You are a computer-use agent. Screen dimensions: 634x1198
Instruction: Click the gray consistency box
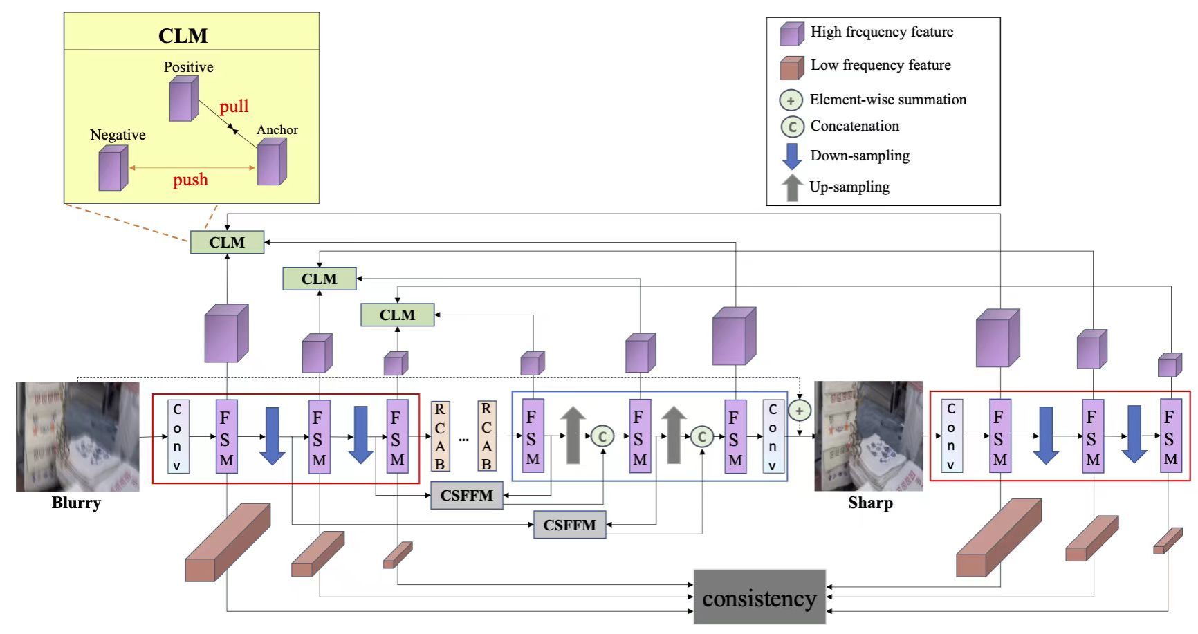pos(759,597)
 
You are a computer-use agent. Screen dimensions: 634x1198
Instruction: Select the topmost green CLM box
pos(227,243)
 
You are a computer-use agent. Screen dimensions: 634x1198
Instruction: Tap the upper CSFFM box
pos(467,496)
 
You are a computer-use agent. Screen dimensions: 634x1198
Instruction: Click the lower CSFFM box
pos(569,525)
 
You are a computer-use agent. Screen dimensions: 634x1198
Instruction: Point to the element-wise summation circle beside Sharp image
pos(799,411)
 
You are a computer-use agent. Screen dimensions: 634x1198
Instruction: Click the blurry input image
pos(77,437)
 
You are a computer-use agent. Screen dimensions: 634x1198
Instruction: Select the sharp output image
pos(868,436)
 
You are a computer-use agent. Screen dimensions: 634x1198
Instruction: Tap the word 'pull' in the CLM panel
pos(234,106)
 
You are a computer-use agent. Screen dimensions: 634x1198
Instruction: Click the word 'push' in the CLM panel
pos(190,180)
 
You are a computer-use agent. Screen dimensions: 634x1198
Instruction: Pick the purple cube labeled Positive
pos(184,99)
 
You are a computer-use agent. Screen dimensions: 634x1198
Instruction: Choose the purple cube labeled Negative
pos(113,168)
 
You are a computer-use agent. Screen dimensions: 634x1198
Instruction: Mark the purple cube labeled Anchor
pos(272,162)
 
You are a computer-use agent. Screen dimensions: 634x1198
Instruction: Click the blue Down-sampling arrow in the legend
pos(791,156)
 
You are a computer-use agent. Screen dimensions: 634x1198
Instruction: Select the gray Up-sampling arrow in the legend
pos(791,188)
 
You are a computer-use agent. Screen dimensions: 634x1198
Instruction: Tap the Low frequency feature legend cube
pos(792,68)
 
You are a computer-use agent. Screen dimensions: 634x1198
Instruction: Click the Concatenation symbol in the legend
pos(792,127)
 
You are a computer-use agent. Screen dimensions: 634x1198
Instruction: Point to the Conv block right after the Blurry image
pos(178,436)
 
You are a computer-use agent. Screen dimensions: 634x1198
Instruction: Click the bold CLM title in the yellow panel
pos(183,36)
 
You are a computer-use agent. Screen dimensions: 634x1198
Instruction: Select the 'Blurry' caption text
pos(76,503)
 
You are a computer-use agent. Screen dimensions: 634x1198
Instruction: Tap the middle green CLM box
pos(319,279)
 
